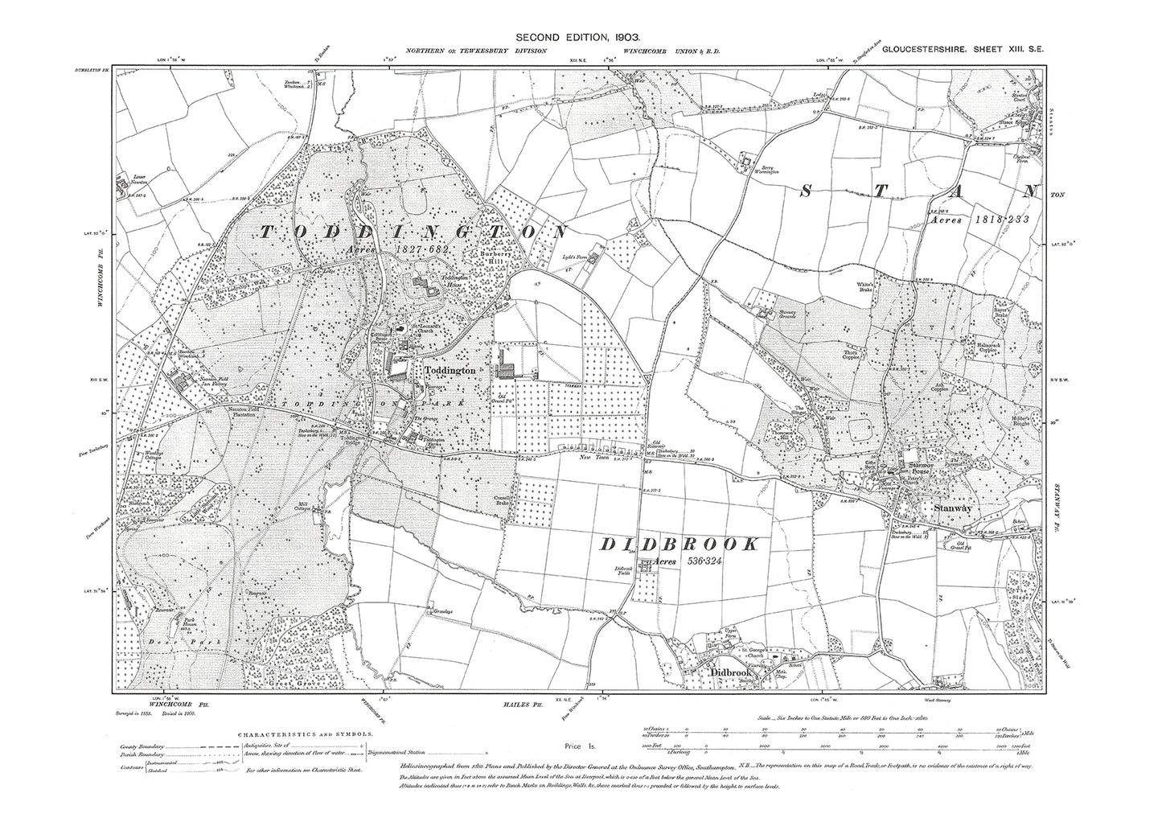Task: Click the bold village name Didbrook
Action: click(x=730, y=672)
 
